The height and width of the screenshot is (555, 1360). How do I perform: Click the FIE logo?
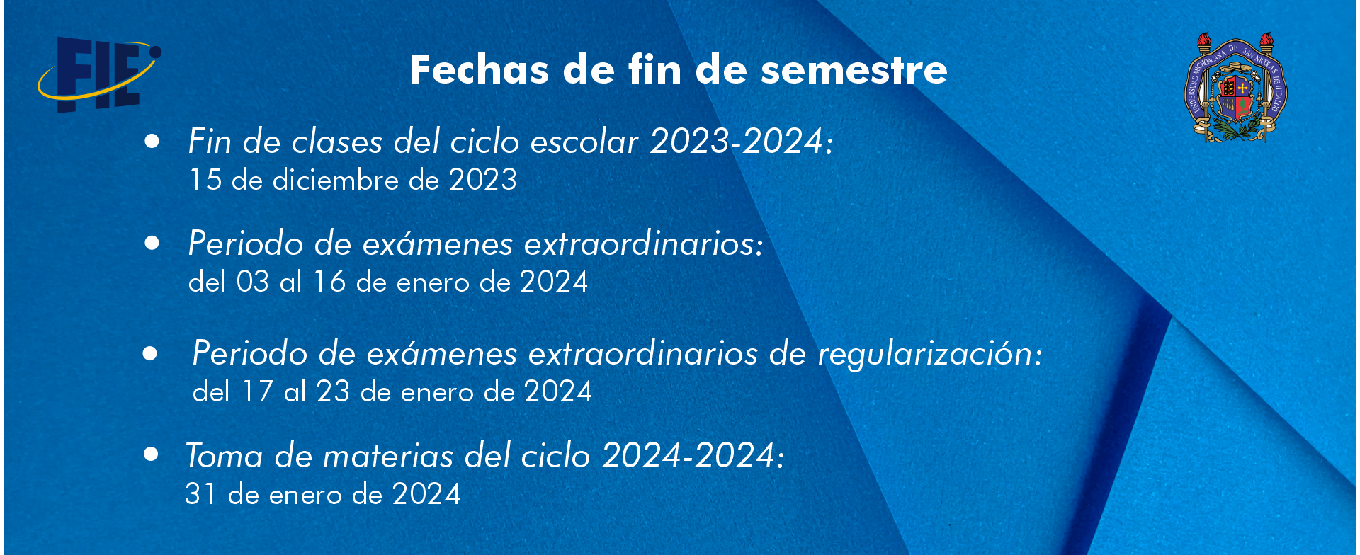point(99,74)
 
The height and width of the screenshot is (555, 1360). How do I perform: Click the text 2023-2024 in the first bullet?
point(737,141)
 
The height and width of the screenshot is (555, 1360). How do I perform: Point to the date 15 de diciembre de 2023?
point(353,180)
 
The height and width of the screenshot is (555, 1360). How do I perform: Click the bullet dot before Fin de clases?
point(152,141)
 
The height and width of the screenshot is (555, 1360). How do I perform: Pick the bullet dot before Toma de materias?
point(151,454)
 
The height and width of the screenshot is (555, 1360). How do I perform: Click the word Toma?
point(225,455)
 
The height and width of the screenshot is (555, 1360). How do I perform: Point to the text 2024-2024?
point(688,455)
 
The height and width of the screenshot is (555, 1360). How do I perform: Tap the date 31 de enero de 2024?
point(323,494)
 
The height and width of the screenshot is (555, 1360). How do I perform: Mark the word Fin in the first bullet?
point(210,141)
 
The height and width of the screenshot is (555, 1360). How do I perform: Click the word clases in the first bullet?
point(338,142)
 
